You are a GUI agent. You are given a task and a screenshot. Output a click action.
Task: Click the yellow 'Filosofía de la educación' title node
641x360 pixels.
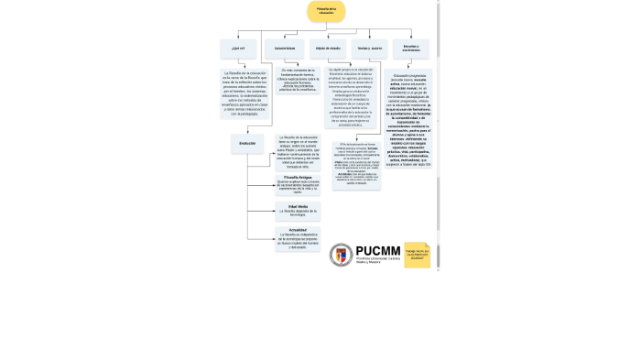click(326, 12)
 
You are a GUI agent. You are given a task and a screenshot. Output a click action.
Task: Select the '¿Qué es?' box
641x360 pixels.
click(238, 48)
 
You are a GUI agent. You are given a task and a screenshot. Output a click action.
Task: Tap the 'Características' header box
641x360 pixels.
click(285, 48)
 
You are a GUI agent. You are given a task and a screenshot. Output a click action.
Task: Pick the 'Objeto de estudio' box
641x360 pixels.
click(328, 48)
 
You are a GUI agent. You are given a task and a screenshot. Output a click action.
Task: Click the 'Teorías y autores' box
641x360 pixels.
click(369, 48)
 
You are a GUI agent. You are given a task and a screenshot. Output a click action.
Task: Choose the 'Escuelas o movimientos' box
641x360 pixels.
click(410, 48)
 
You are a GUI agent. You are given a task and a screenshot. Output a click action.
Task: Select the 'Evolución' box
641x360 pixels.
click(247, 143)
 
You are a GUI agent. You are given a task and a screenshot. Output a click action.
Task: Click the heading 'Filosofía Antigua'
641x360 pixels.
click(298, 178)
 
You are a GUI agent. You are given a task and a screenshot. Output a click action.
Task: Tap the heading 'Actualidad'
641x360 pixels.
click(298, 230)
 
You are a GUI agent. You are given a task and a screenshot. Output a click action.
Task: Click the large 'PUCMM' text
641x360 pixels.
click(379, 250)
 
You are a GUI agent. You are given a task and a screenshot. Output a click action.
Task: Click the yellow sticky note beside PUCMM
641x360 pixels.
click(417, 255)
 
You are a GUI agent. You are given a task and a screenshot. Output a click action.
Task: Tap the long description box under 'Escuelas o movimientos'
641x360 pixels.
click(411, 120)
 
